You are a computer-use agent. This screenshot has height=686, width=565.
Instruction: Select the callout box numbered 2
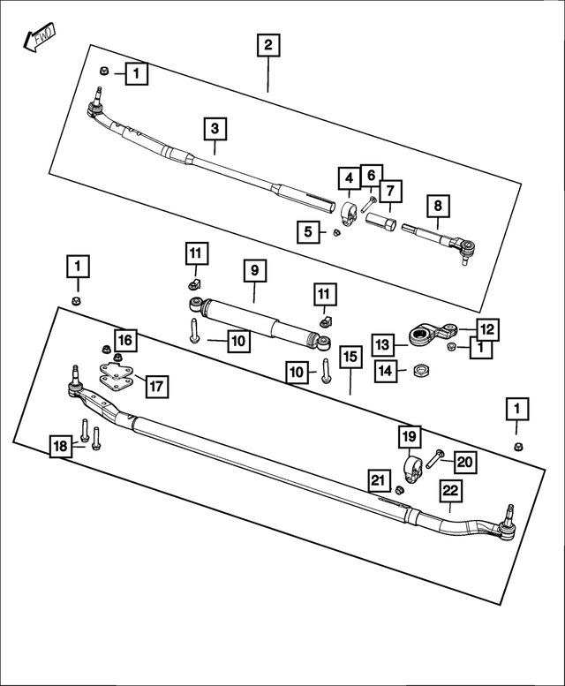(x=268, y=44)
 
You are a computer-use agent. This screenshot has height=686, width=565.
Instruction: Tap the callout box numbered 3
(x=215, y=129)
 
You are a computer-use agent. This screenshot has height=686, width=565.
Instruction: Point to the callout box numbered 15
(x=350, y=357)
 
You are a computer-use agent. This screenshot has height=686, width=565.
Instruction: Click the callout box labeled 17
(x=156, y=385)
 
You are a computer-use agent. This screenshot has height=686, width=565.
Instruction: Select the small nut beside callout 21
(x=399, y=489)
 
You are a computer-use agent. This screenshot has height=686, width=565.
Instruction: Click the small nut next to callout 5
(x=336, y=233)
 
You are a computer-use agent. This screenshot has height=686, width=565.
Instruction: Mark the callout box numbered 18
(x=59, y=447)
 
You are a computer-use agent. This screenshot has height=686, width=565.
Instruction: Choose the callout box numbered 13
(x=381, y=343)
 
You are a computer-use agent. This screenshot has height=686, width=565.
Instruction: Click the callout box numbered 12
(x=487, y=329)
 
